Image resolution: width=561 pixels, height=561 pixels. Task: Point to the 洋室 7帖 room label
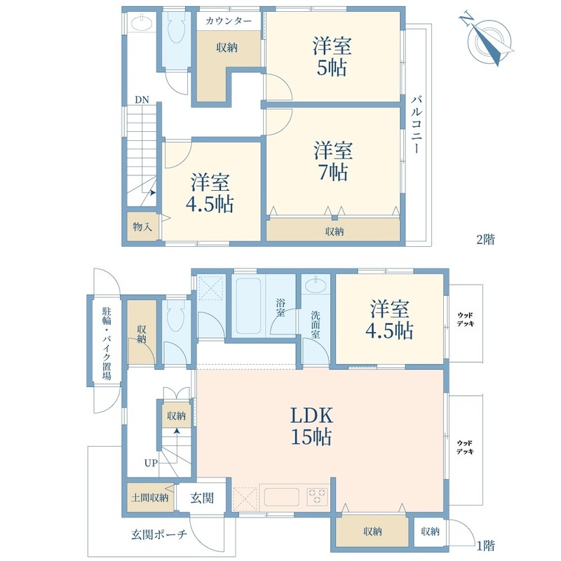332,161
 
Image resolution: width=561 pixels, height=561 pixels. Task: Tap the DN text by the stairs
141,99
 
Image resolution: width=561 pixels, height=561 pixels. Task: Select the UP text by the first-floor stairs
150,462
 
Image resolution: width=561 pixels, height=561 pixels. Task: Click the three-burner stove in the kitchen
317,494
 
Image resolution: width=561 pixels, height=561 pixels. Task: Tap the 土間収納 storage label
149,497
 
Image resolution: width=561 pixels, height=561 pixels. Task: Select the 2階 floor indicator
485,239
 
